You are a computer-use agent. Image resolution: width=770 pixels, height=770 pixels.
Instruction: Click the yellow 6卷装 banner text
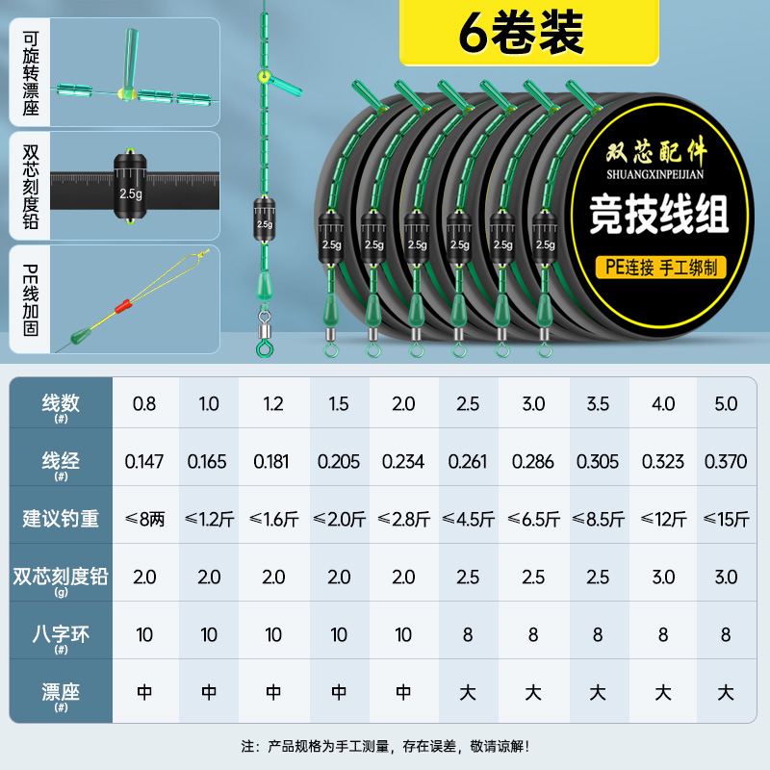point(521,32)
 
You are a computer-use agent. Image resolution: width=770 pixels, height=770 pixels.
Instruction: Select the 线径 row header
point(60,462)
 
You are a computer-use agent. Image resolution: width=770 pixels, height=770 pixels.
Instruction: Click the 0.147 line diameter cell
point(144,462)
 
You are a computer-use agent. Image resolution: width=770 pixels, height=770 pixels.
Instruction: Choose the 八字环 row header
point(60,635)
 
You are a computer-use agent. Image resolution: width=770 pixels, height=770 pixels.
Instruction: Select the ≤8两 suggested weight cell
point(144,520)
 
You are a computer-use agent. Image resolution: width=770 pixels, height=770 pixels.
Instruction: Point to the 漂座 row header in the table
point(60,693)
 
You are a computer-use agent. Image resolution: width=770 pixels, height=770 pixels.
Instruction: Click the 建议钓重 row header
point(60,520)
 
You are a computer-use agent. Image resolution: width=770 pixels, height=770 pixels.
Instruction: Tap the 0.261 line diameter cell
point(468,462)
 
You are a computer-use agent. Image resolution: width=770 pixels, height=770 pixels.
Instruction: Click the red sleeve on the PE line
point(122,309)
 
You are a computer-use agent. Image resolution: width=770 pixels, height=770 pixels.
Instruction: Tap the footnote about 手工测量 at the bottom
point(385,746)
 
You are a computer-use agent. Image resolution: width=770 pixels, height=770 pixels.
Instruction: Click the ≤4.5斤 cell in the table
point(468,520)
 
